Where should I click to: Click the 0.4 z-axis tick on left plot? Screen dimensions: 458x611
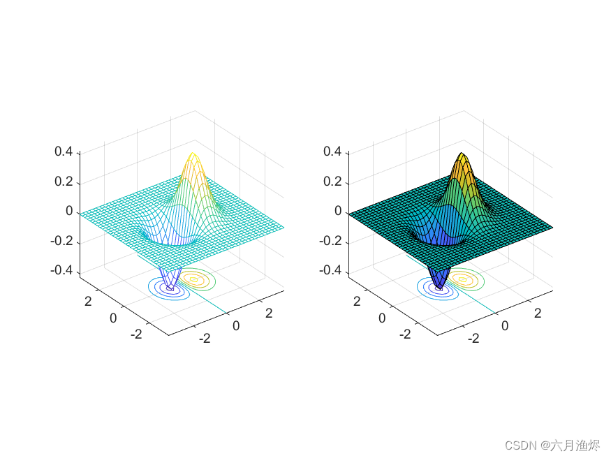coord(66,152)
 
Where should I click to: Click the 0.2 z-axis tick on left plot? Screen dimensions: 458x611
coord(66,182)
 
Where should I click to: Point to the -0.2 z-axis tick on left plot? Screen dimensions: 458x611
coord(64,242)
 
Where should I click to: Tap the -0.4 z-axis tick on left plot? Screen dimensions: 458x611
coord(64,272)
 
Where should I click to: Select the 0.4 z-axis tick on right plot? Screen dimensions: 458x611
coord(333,152)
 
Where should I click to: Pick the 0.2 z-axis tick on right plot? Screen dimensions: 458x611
coord(333,182)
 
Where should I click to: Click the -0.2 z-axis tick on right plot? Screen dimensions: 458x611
coord(332,241)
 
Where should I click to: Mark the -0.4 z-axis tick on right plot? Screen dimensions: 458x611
coord(332,271)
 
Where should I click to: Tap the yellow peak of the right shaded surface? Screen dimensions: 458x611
coord(462,157)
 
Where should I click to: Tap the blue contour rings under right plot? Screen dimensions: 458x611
coord(438,287)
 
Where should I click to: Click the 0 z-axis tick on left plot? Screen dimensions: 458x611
coord(70,212)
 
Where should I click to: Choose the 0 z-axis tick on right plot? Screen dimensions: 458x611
coord(338,212)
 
